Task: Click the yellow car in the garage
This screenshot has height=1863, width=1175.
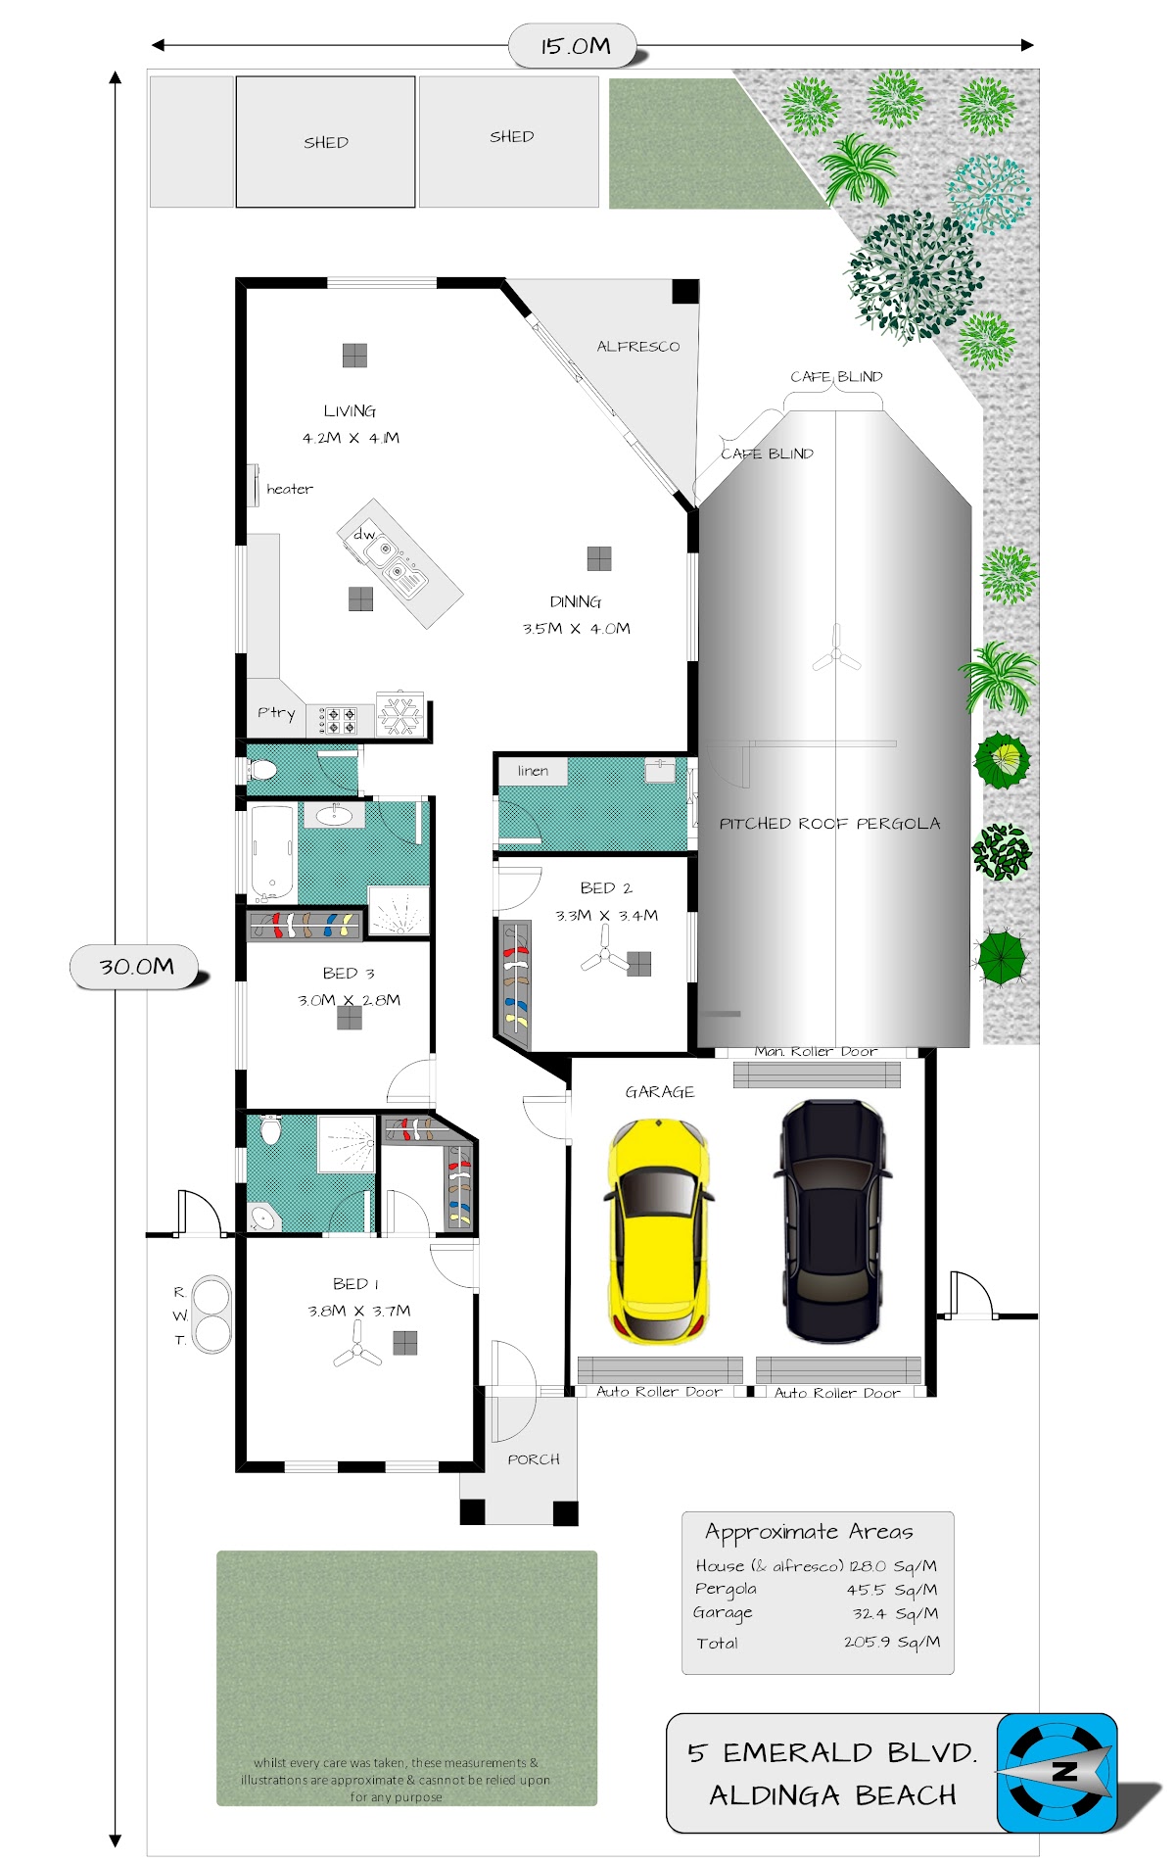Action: pos(658,1232)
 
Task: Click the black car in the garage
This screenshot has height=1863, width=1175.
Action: pos(833,1220)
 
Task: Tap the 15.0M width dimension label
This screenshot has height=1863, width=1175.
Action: pos(575,46)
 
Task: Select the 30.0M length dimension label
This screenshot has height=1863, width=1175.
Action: pos(136,967)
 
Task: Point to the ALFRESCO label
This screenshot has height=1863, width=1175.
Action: pos(638,347)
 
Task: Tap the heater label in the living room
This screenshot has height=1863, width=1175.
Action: pos(290,489)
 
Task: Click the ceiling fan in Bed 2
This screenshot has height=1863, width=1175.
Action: pos(605,950)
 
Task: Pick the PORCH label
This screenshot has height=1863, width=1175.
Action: pos(534,1459)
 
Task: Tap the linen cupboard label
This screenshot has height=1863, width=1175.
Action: pos(533,771)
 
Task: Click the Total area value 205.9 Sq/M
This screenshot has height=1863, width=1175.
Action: pos(892,1642)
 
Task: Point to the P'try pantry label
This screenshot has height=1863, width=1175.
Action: pos(276,713)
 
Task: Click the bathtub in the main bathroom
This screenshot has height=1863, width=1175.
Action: pos(272,852)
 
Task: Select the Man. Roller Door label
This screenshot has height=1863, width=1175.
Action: pos(816,1051)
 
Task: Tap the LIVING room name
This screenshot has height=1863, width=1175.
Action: pos(350,411)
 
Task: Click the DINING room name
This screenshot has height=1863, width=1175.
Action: pos(576,601)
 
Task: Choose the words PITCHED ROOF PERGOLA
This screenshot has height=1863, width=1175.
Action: pos(829,824)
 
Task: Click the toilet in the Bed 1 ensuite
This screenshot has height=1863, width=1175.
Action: pos(271,1130)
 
